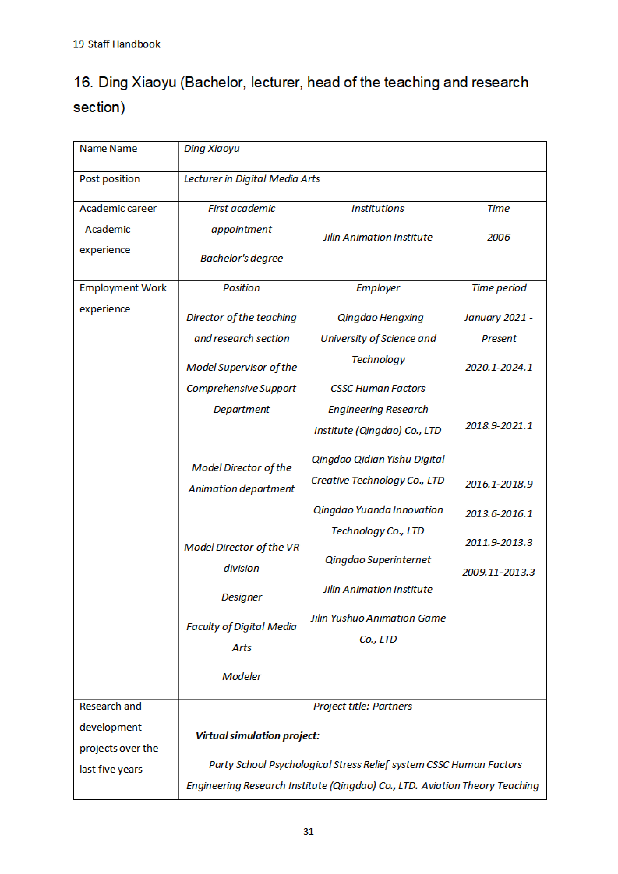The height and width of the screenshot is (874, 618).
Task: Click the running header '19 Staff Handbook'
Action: coord(117,44)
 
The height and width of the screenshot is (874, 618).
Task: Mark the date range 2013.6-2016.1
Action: coord(498,514)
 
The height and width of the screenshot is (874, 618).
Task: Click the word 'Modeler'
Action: coord(241,677)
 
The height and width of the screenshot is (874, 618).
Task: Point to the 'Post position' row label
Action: coord(110,179)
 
